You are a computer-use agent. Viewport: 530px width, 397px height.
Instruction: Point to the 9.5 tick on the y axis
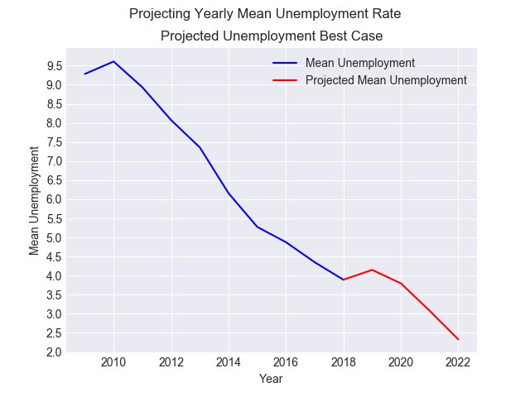pyautogui.click(x=55, y=66)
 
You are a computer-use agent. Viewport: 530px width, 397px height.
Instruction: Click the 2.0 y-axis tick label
pyautogui.click(x=55, y=352)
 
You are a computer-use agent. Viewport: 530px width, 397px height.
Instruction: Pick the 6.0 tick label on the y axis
pyautogui.click(x=55, y=199)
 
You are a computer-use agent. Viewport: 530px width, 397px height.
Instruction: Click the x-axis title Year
pyautogui.click(x=272, y=379)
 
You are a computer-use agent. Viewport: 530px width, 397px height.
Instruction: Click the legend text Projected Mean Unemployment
pyautogui.click(x=386, y=80)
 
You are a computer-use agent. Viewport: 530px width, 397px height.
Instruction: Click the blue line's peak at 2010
pyautogui.click(x=113, y=61)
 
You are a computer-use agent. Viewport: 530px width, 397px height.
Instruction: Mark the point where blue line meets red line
pyautogui.click(x=343, y=280)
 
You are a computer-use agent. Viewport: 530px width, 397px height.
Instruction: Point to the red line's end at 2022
pyautogui.click(x=458, y=339)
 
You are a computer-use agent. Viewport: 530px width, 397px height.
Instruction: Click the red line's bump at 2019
pyautogui.click(x=372, y=270)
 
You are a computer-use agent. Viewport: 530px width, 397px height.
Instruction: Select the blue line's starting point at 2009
pyautogui.click(x=84, y=74)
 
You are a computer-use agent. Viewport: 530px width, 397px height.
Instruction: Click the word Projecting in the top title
pyautogui.click(x=158, y=14)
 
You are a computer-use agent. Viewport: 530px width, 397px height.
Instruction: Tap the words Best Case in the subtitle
pyautogui.click(x=353, y=36)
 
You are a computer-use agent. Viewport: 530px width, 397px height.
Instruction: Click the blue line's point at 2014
pyautogui.click(x=228, y=193)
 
